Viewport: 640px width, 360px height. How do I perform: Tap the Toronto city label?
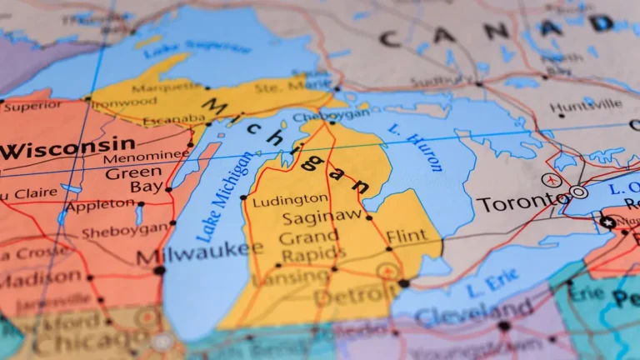[522, 202]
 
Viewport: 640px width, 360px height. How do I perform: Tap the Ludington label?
[290, 199]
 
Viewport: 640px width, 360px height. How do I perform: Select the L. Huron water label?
[415, 147]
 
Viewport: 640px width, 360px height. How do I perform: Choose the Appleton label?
[99, 205]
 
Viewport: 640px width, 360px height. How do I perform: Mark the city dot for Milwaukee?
[159, 270]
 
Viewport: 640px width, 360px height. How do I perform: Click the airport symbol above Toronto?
[550, 179]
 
